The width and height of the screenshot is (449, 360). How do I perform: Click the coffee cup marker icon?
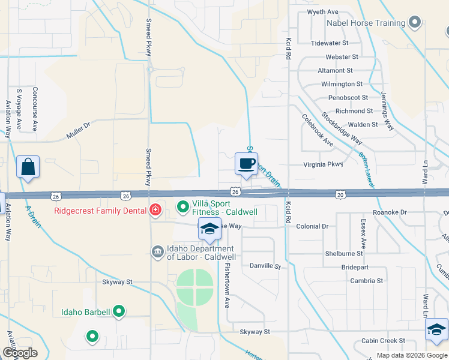tap(246, 164)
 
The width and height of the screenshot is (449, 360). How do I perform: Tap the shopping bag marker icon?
tap(28, 167)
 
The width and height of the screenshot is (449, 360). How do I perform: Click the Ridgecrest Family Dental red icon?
tap(155, 209)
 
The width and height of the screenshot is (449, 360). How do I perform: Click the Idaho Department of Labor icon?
tap(157, 251)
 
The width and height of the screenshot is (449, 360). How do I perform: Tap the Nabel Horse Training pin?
tap(414, 23)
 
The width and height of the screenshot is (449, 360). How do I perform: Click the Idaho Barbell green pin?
tap(119, 311)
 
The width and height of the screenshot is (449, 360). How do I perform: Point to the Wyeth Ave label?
tap(323, 12)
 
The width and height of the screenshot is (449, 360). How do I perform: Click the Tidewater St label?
tap(330, 43)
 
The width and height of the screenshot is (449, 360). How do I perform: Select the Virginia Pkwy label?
tap(322, 164)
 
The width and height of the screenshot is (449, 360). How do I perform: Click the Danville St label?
tap(265, 266)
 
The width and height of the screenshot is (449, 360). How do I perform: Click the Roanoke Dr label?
tap(390, 212)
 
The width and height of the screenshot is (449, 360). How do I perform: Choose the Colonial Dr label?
tap(313, 226)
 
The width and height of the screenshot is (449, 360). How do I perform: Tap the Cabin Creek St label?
tap(383, 341)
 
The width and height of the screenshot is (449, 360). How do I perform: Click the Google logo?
tap(20, 353)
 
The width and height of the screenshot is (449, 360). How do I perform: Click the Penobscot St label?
tap(347, 97)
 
